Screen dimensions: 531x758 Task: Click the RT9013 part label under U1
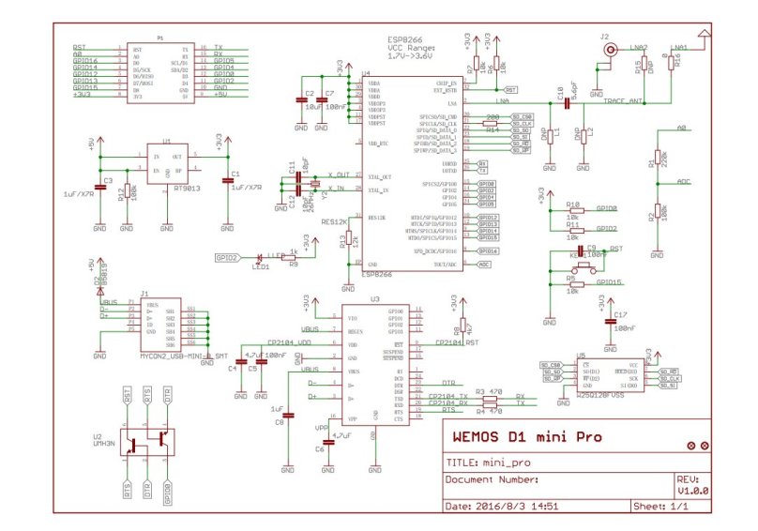tap(166, 188)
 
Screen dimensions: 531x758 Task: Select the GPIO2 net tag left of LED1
tap(227, 257)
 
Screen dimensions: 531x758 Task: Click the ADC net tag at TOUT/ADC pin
tap(484, 265)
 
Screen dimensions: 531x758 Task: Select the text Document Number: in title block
tap(492, 478)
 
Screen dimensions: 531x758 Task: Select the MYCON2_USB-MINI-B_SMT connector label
tap(184, 357)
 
